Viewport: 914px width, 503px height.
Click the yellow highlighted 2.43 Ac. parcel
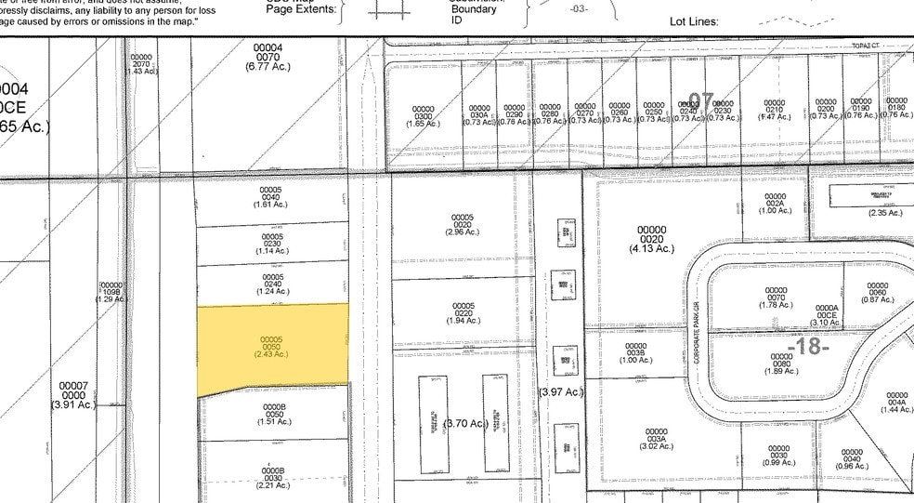274,346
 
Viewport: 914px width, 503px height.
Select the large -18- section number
807,347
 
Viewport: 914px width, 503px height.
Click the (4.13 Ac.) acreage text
651,248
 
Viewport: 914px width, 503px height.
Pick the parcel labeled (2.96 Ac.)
463,231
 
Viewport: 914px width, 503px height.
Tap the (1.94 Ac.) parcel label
463,320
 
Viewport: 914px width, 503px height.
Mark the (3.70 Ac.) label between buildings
465,424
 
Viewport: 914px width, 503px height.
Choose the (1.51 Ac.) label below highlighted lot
274,421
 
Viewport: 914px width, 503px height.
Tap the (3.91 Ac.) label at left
73,404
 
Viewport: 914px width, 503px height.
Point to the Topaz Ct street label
866,45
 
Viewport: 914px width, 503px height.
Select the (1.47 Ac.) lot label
774,117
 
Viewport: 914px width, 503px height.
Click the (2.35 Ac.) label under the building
884,213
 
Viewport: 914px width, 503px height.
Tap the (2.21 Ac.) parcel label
274,484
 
